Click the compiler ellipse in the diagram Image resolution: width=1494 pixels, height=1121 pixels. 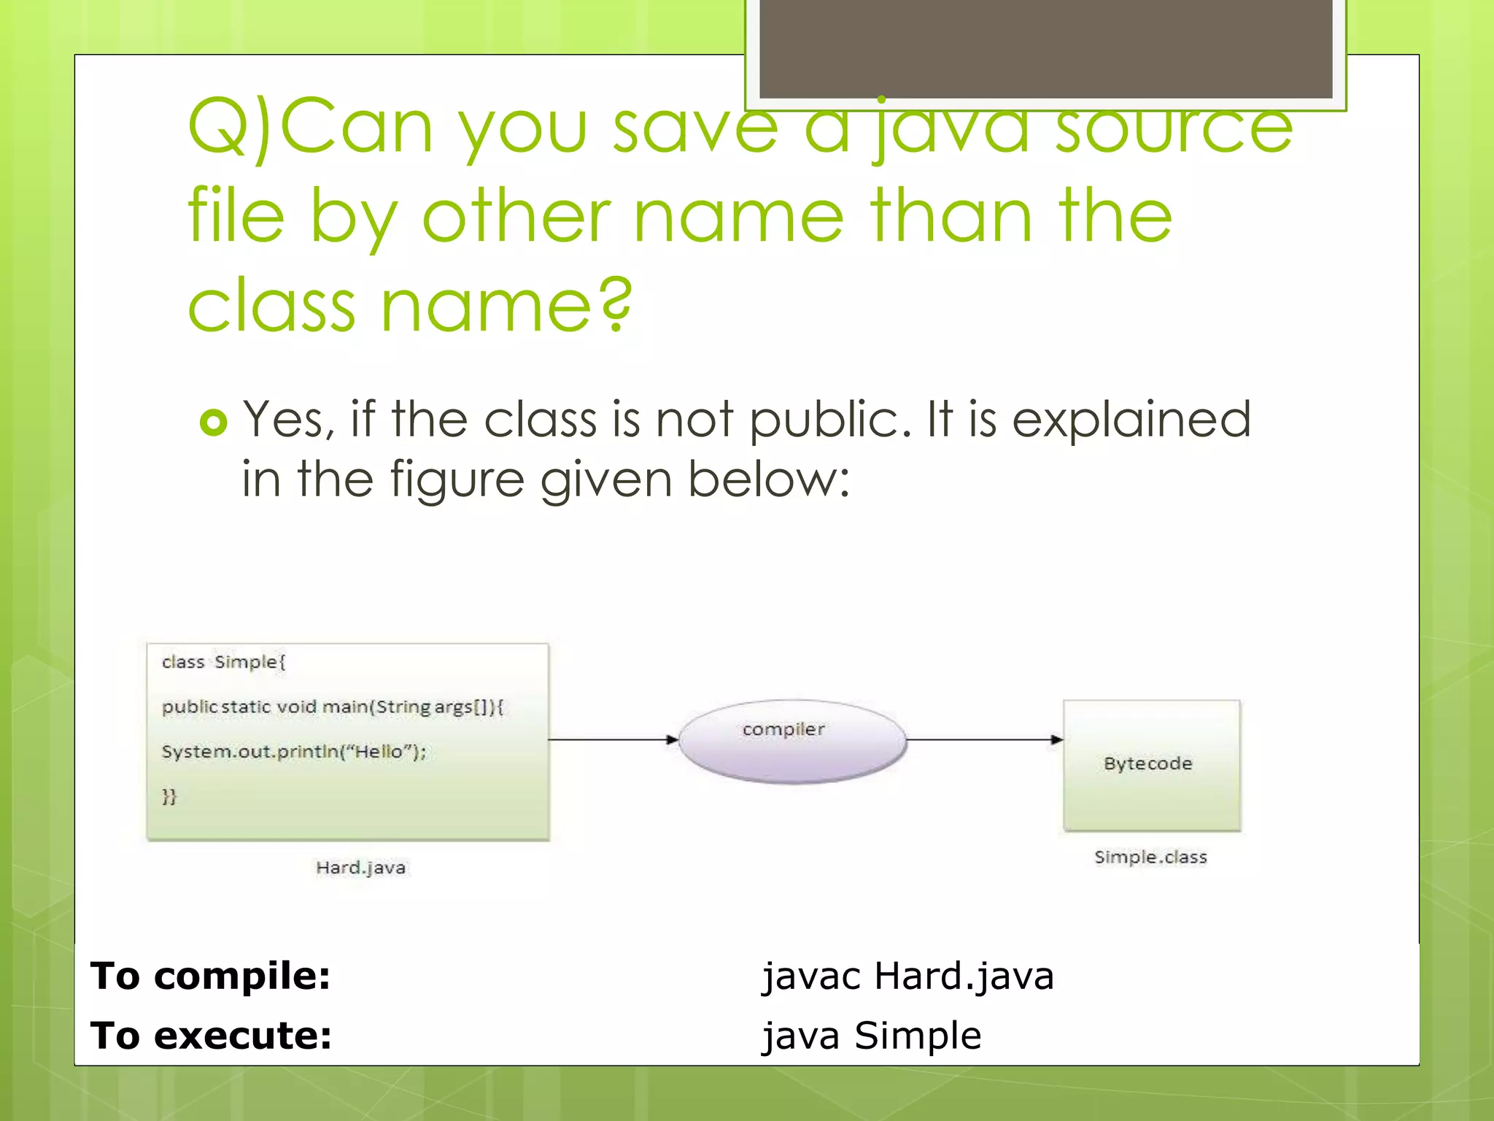tap(792, 741)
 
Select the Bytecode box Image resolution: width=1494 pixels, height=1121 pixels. tap(1151, 765)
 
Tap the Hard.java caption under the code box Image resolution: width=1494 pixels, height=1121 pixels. tap(360, 868)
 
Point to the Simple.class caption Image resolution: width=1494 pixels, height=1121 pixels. tap(1150, 858)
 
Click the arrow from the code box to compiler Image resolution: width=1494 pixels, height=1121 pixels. tap(614, 740)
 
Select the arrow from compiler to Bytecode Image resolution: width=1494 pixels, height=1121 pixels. tap(984, 740)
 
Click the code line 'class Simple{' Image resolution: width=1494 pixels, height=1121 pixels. tap(223, 662)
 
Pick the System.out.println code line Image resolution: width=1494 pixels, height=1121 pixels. tap(293, 752)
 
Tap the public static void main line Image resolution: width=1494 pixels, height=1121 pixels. tap(332, 706)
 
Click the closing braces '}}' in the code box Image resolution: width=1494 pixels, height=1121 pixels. tap(169, 796)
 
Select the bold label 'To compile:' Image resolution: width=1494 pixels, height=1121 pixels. tap(210, 976)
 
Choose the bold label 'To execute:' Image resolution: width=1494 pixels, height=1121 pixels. tap(211, 1036)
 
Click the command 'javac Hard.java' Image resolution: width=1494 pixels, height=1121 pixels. tap(907, 976)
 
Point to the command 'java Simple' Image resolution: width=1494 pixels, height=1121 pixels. tap(871, 1036)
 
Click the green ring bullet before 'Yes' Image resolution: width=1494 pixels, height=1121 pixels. tap(213, 423)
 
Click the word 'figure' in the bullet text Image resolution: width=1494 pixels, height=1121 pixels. tap(457, 480)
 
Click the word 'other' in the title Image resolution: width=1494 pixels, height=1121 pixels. tap(516, 216)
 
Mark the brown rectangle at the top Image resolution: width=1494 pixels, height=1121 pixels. tap(1045, 48)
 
